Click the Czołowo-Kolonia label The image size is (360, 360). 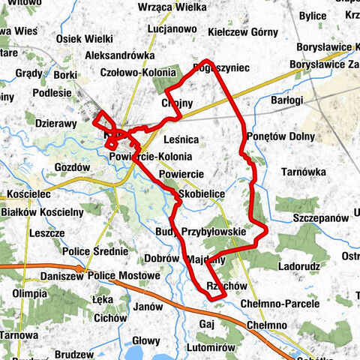click(141, 73)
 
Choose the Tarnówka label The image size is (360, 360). click(302, 172)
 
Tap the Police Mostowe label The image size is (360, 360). click(124, 276)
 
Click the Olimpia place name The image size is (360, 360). click(30, 292)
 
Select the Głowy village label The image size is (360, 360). click(146, 340)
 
